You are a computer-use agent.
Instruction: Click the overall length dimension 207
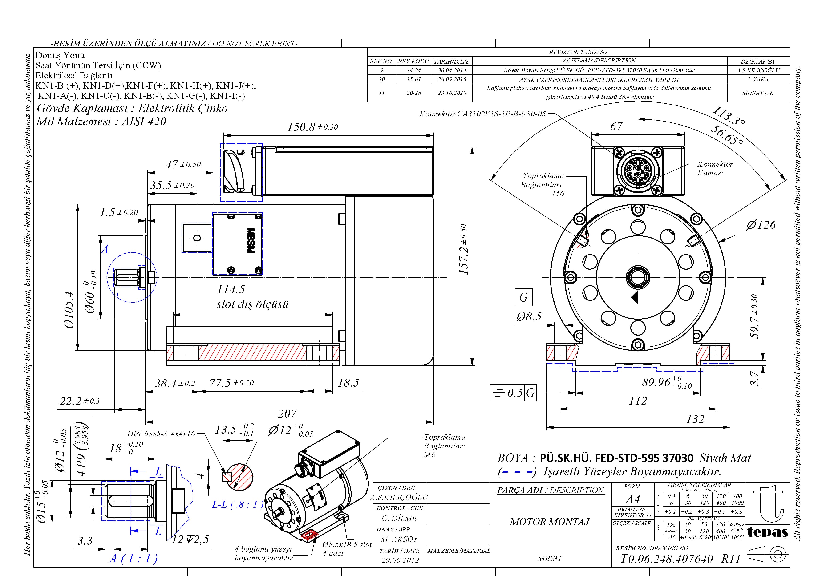click(287, 414)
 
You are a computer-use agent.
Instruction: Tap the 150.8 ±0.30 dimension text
click(312, 127)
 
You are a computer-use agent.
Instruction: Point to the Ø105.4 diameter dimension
click(69, 310)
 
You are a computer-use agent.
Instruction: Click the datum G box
click(523, 297)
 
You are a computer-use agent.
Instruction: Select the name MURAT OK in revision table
click(758, 93)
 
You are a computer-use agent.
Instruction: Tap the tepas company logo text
click(767, 532)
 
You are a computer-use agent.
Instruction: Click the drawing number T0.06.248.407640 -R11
click(680, 559)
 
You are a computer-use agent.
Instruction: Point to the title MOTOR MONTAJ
click(549, 522)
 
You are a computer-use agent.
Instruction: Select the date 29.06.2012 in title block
click(400, 560)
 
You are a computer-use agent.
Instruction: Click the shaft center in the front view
click(637, 277)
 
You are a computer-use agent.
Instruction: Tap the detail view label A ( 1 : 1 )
click(134, 559)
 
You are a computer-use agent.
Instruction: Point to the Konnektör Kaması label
click(714, 168)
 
